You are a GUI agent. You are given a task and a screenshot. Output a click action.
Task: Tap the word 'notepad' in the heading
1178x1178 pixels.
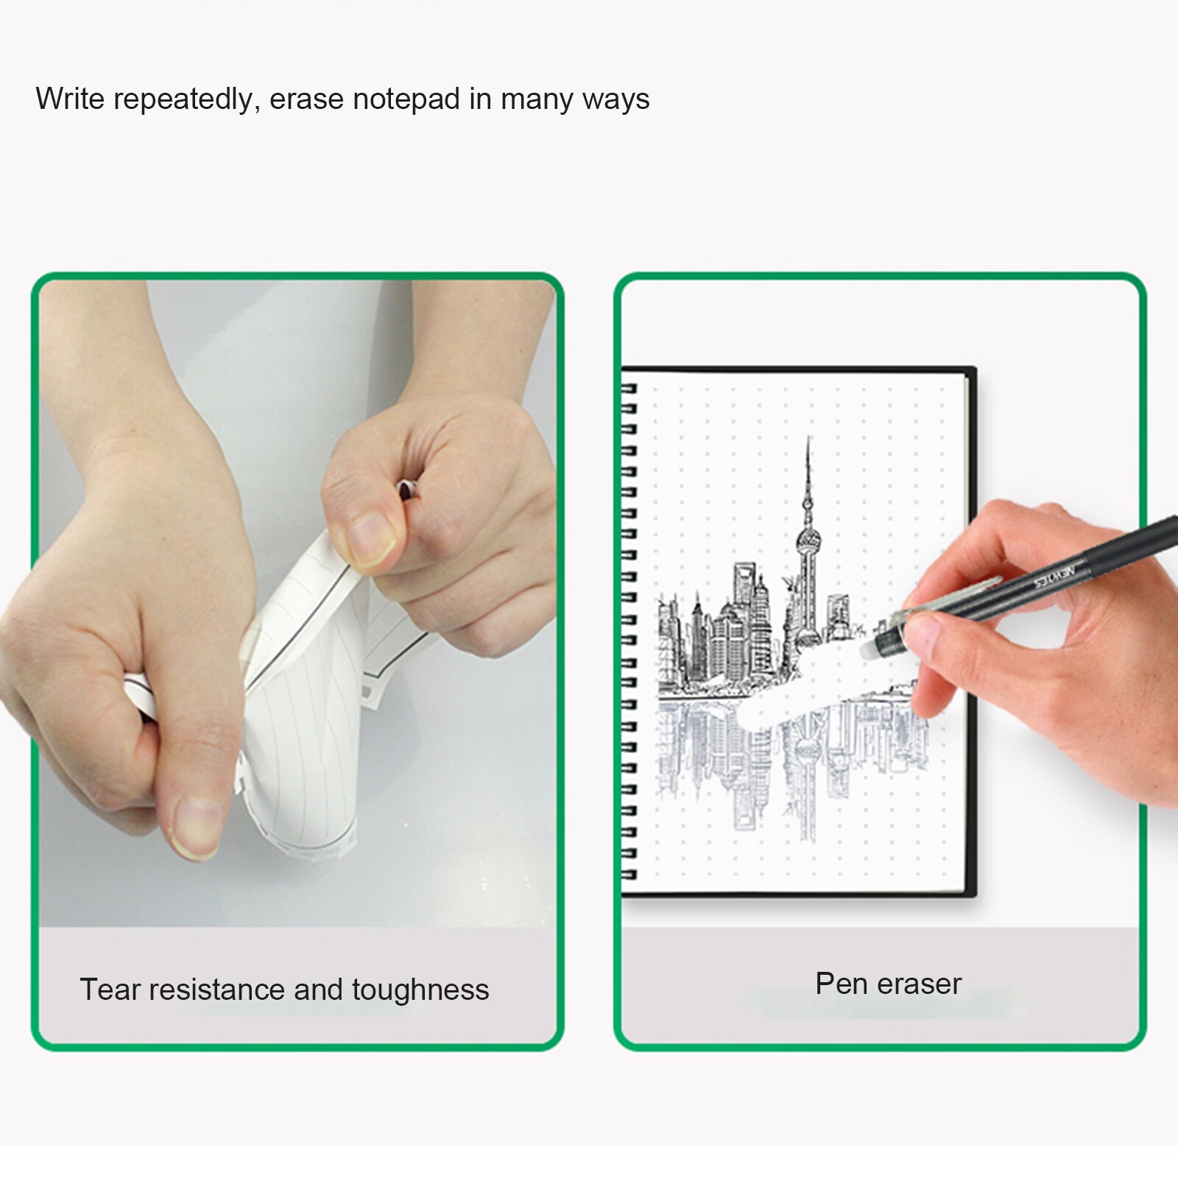[x=406, y=99]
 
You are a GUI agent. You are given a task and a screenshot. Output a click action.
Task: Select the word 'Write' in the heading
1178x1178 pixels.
[x=70, y=99]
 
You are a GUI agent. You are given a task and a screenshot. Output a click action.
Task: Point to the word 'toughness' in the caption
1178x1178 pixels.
[x=420, y=991]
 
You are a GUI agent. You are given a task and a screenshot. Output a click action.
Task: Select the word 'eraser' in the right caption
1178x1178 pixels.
[x=920, y=984]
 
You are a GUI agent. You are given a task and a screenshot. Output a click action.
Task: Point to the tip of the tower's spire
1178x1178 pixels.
[x=809, y=439]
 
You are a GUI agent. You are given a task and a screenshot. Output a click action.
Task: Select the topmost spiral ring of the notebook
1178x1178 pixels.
[x=628, y=388]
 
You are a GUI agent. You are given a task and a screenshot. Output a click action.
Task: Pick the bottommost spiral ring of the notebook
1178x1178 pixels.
[x=628, y=875]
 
